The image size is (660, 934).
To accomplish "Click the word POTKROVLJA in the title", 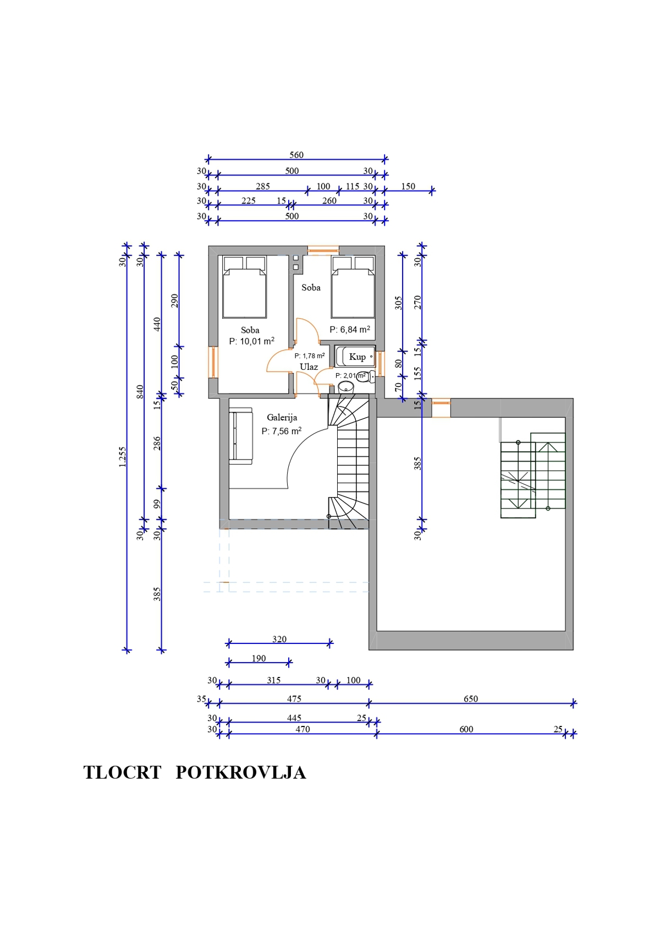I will coord(240,772).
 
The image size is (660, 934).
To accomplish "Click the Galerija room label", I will coord(282,417).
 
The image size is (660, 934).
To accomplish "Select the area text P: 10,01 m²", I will coord(251,341).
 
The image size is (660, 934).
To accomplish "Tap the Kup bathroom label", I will coord(357,357).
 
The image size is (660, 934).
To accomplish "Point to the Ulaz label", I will coord(309,367).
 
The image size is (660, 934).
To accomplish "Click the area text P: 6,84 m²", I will coord(350,330).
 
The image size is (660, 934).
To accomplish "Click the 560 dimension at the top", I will coord(296,155).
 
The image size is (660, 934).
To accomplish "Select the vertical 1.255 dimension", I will coord(123,457).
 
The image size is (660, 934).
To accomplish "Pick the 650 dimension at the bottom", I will coord(470,698).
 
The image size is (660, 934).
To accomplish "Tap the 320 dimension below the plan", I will coord(279,639).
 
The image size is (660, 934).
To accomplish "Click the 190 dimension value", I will coord(258,658).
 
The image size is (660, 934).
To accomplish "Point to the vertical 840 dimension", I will coord(140,392).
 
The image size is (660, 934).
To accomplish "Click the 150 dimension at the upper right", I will coord(408,187).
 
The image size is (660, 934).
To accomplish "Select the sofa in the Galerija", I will coord(240,435).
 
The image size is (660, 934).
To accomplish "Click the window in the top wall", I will coord(323,251).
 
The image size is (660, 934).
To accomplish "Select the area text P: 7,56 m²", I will coord(281,431).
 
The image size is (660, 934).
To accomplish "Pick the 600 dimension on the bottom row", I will coord(466,729).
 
